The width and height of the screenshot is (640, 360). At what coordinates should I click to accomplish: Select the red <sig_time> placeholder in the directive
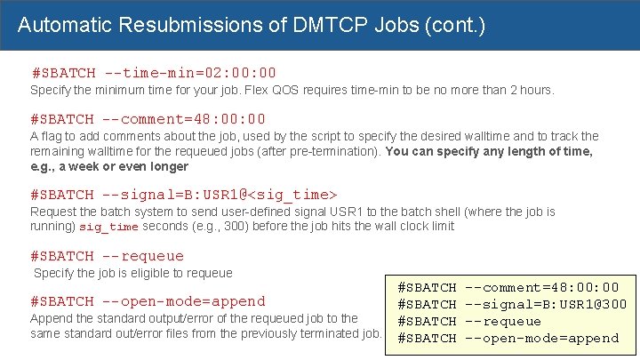(294, 194)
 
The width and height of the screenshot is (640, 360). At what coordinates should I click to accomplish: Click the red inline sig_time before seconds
(109, 227)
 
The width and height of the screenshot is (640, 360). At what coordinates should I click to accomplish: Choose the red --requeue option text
(142, 256)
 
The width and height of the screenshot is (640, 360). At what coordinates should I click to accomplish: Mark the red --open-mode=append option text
(184, 300)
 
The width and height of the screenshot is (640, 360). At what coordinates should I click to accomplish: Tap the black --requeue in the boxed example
(503, 321)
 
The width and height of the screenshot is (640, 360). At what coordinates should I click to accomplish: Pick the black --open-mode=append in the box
(542, 338)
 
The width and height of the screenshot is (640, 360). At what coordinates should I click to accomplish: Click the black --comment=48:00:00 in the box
(542, 287)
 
